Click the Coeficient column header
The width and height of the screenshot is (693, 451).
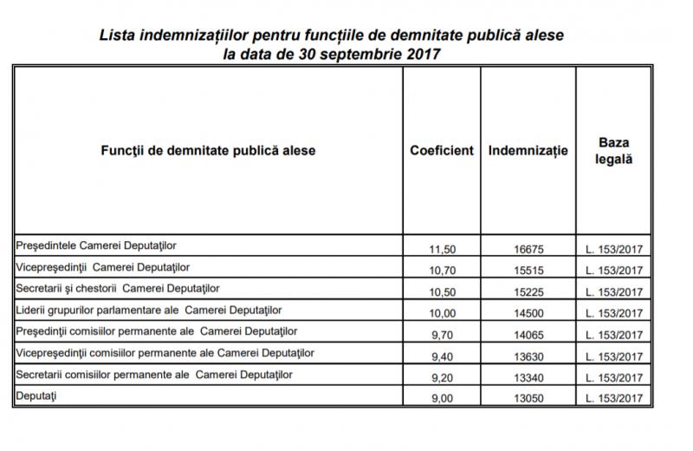[x=442, y=150]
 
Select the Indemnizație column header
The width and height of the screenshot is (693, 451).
[x=528, y=150]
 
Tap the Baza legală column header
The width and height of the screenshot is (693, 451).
[x=614, y=150]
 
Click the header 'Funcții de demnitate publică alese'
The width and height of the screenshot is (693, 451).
[x=209, y=150]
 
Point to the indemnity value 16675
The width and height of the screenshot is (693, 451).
[x=528, y=249]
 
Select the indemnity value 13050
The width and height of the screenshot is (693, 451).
[x=528, y=398]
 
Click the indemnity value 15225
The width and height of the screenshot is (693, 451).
[x=528, y=291]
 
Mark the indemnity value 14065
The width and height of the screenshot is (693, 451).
[x=528, y=334]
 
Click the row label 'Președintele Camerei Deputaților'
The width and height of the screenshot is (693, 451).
[x=97, y=245]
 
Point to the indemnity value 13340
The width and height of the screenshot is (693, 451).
[x=528, y=377]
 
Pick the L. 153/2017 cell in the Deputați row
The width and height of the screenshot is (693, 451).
[x=614, y=398]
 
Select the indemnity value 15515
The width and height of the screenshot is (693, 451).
[x=528, y=270]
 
